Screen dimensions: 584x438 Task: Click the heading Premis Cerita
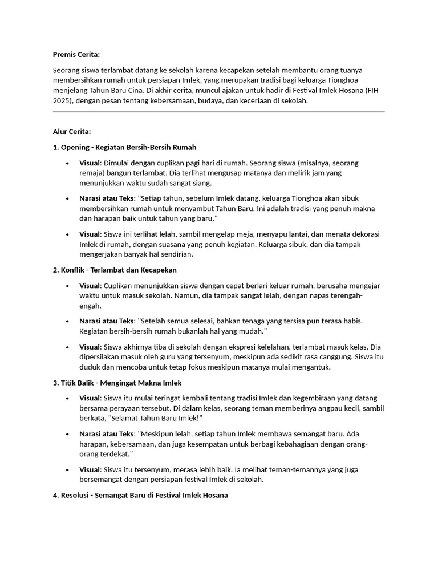76,54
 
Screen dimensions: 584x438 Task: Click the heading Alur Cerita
72,132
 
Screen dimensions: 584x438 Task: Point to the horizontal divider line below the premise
218,112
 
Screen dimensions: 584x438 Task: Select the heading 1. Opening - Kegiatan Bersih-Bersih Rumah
124,147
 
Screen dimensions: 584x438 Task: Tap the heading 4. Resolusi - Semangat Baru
140,495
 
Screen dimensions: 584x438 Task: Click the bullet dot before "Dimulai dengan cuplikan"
67,163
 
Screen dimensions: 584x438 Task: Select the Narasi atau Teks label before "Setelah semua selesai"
107,321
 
